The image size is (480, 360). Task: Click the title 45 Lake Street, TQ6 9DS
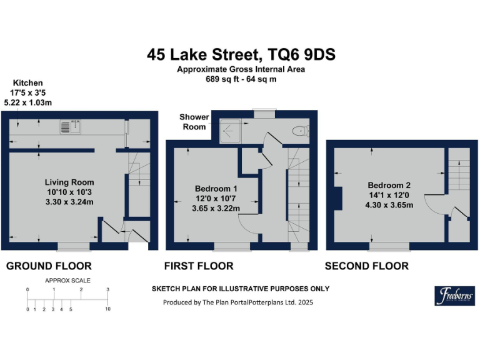[x=241, y=54]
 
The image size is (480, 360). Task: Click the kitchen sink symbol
[x=69, y=127]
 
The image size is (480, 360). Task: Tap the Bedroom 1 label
[x=216, y=188]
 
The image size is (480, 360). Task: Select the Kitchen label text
[x=27, y=82]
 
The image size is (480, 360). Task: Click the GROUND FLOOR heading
[x=49, y=266]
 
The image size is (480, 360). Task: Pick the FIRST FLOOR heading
[x=199, y=266]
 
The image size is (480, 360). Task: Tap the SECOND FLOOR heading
[x=366, y=266]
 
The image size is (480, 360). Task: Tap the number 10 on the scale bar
[x=108, y=309]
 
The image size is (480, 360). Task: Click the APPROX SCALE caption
[x=67, y=281]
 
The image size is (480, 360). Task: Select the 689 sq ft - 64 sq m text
[x=241, y=79]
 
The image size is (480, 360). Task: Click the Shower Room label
[x=194, y=121]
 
